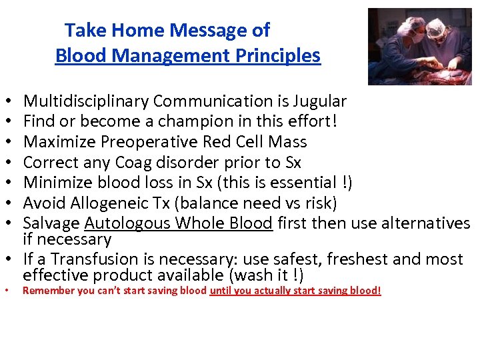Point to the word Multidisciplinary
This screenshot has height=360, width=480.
pyautogui.click(x=86, y=101)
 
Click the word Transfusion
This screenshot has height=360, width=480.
pyautogui.click(x=97, y=259)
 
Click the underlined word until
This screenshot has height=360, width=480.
pyautogui.click(x=221, y=291)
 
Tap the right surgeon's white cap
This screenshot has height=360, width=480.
pyautogui.click(x=436, y=25)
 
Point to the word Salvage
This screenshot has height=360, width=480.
pyautogui.click(x=51, y=223)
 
